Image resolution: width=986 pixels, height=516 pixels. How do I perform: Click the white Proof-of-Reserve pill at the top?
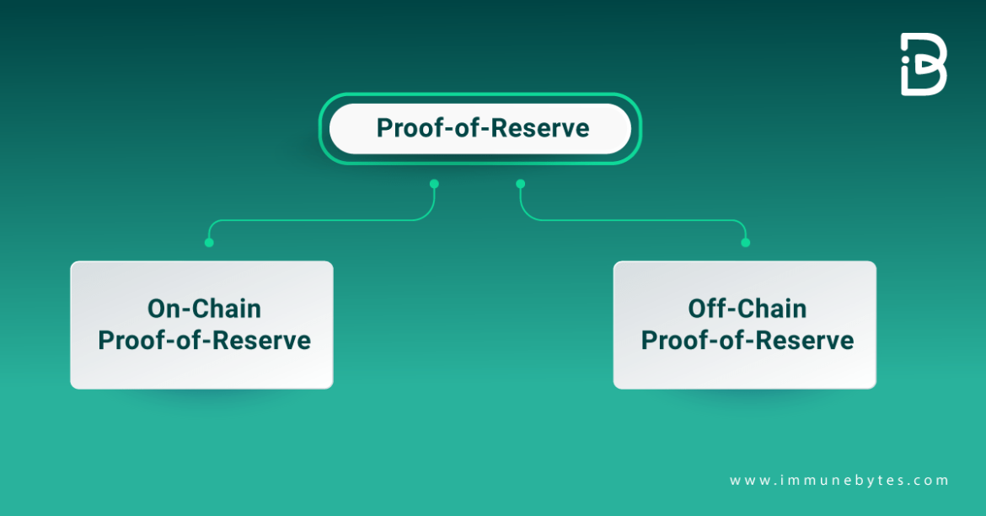point(480,128)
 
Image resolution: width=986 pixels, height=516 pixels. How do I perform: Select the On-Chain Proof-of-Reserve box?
point(201,325)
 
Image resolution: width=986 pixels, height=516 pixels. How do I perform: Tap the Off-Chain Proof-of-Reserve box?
point(744,325)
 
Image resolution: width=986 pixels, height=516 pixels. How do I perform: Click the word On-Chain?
point(204,309)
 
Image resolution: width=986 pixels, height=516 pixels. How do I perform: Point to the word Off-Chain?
point(747,309)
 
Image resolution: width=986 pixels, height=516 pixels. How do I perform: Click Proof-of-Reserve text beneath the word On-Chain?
point(204,341)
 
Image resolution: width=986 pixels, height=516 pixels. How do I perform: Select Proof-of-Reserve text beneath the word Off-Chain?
point(747,341)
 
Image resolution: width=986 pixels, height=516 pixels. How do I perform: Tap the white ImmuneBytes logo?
point(924,64)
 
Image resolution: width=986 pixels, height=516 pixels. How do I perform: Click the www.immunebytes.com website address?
point(839,481)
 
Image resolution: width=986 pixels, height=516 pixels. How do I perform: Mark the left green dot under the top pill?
point(434,183)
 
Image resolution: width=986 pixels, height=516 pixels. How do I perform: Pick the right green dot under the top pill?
point(520,183)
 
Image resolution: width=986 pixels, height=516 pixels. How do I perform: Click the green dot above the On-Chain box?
point(209,243)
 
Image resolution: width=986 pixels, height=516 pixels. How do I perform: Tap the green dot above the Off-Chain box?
point(745,243)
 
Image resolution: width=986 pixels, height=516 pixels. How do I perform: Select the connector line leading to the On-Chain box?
point(320,221)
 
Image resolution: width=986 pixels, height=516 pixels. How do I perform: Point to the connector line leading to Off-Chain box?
point(632,221)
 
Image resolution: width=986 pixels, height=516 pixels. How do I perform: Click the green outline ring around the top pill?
point(480,95)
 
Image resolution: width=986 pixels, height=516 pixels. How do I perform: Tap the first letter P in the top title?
point(384,129)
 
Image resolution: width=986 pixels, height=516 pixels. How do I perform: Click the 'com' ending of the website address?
point(935,481)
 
